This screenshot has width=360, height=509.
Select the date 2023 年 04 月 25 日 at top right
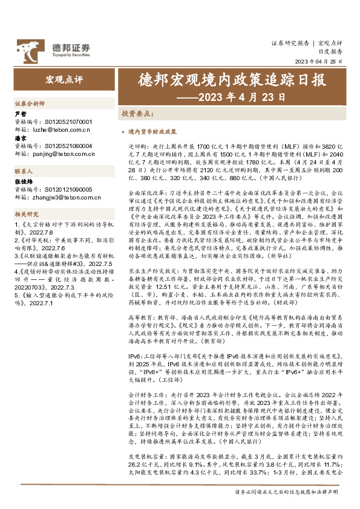click(x=318, y=62)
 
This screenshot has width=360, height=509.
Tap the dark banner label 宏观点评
click(x=64, y=79)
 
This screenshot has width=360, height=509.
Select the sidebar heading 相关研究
click(x=25, y=214)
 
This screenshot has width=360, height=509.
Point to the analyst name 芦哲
click(x=20, y=114)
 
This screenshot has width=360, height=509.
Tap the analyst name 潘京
click(x=20, y=138)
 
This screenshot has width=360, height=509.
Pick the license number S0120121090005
click(x=68, y=189)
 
